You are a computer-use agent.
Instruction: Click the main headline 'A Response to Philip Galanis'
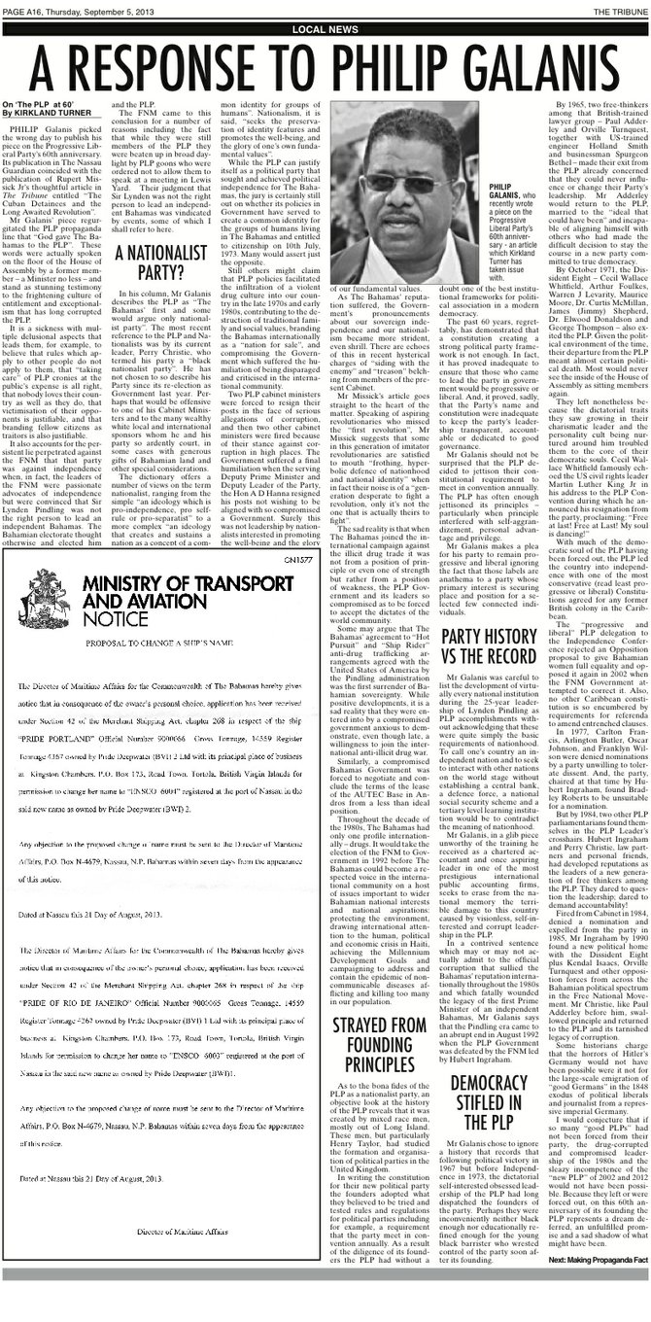[x=325, y=66]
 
